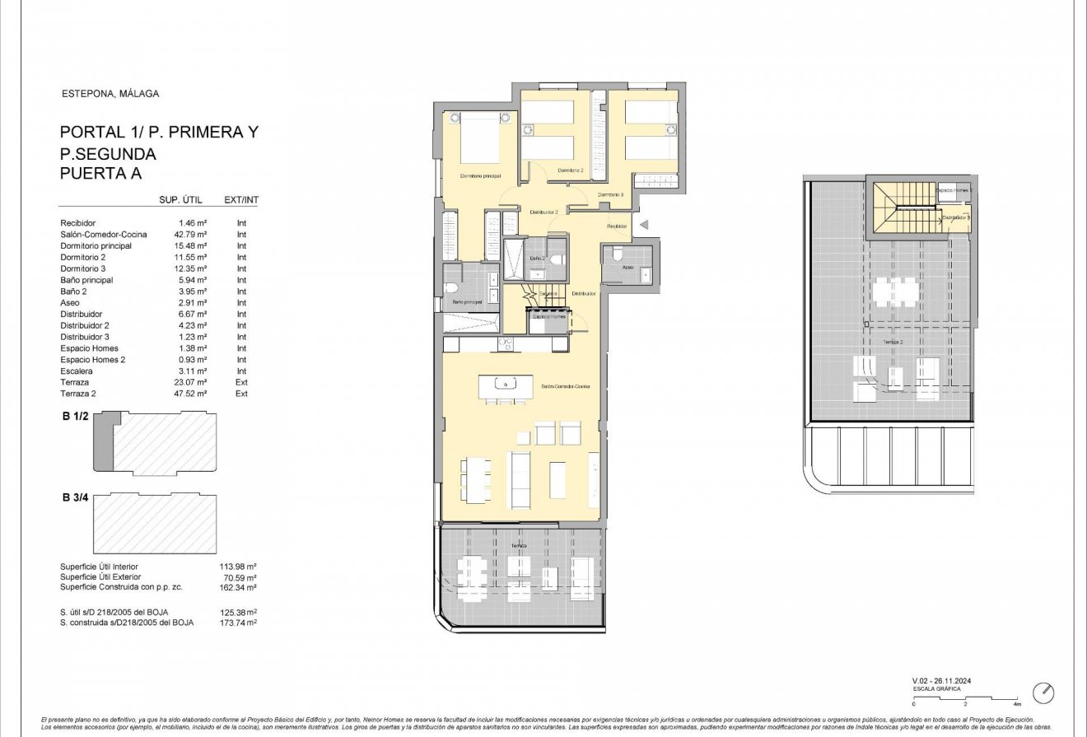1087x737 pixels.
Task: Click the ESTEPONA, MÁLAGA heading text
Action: coord(110,94)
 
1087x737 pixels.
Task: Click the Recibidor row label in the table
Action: coord(78,223)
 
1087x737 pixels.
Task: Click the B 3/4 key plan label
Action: coord(76,497)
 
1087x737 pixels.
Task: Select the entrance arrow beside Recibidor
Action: coord(645,224)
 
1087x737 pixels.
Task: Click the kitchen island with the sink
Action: coord(503,383)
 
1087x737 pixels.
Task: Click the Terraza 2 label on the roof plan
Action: coord(893,342)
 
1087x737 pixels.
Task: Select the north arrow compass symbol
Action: coord(1043,692)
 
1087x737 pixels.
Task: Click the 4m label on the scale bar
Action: coord(1018,705)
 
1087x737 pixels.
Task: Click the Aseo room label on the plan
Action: coord(627,268)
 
